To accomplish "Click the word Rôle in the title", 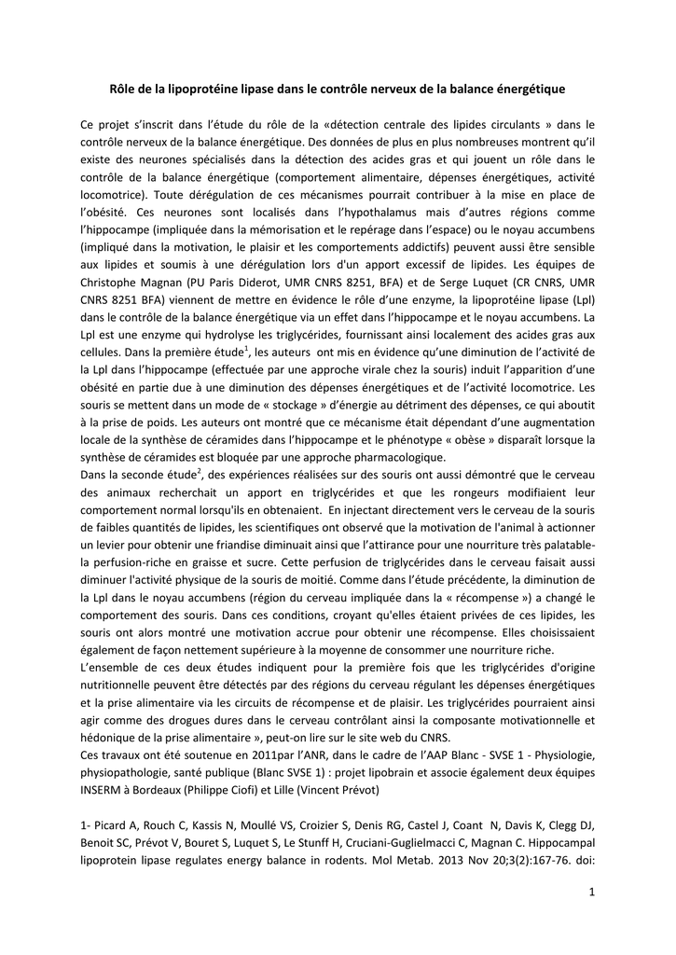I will pyautogui.click(x=124, y=90).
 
